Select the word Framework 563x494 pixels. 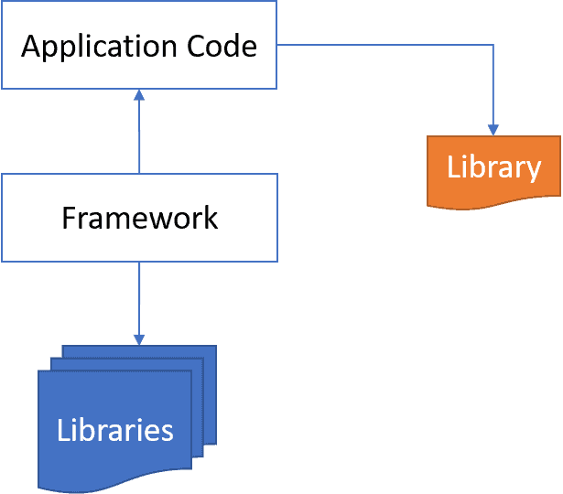(x=139, y=218)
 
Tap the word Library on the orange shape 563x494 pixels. (x=493, y=167)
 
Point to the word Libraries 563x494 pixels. (x=114, y=429)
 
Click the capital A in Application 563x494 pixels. (x=31, y=46)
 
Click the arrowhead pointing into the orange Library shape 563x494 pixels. (x=493, y=130)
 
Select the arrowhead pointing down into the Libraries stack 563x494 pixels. (x=139, y=338)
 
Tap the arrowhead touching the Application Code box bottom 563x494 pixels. (x=139, y=94)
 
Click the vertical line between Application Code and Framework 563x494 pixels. (x=139, y=137)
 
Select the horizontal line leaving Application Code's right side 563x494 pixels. (x=384, y=44)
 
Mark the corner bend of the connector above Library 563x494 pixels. (x=493, y=45)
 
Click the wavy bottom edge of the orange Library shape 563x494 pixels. (x=493, y=204)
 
